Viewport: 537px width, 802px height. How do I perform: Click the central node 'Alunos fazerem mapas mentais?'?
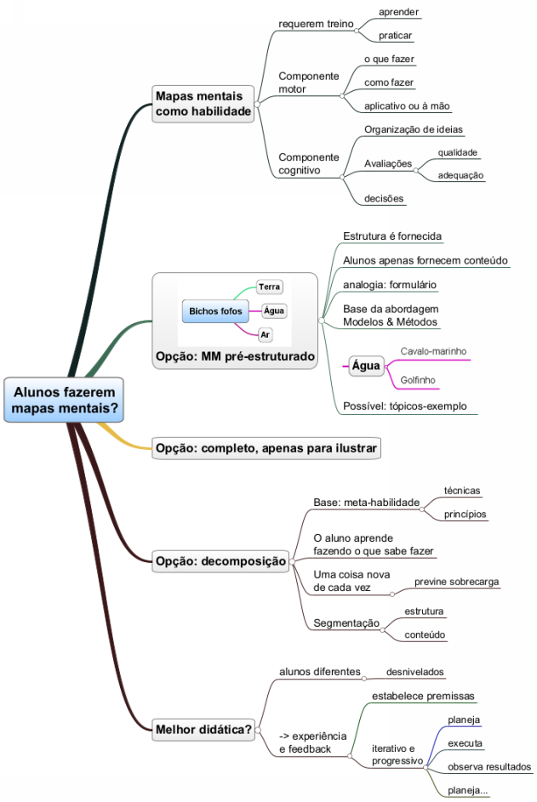pyautogui.click(x=65, y=400)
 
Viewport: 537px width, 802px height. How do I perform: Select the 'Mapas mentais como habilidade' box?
pyautogui.click(x=203, y=104)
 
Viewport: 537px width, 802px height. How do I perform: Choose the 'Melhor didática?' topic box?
pyautogui.click(x=204, y=728)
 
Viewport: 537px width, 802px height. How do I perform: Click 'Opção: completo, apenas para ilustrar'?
pyautogui.click(x=266, y=447)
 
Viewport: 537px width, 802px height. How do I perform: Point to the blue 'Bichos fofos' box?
pyautogui.click(x=215, y=311)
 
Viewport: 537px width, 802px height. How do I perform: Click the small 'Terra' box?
pyautogui.click(x=270, y=287)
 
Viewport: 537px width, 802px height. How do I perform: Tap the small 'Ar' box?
pyautogui.click(x=266, y=335)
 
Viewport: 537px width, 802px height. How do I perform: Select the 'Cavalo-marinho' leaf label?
pyautogui.click(x=433, y=351)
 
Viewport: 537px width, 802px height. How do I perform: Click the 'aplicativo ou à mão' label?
pyautogui.click(x=407, y=106)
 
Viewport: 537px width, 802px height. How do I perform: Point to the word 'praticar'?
pyautogui.click(x=396, y=36)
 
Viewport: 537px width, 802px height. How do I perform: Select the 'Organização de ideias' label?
pyautogui.click(x=414, y=129)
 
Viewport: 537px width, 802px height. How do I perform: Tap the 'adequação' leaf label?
pyautogui.click(x=460, y=175)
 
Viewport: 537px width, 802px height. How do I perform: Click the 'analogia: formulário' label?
pyautogui.click(x=390, y=284)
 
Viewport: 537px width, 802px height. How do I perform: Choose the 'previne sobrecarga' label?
pyautogui.click(x=456, y=582)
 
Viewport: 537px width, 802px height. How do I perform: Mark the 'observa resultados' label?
pyautogui.click(x=489, y=766)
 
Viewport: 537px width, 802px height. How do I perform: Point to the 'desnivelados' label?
pyautogui.click(x=414, y=672)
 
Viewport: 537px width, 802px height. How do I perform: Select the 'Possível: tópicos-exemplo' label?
pyautogui.click(x=405, y=406)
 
